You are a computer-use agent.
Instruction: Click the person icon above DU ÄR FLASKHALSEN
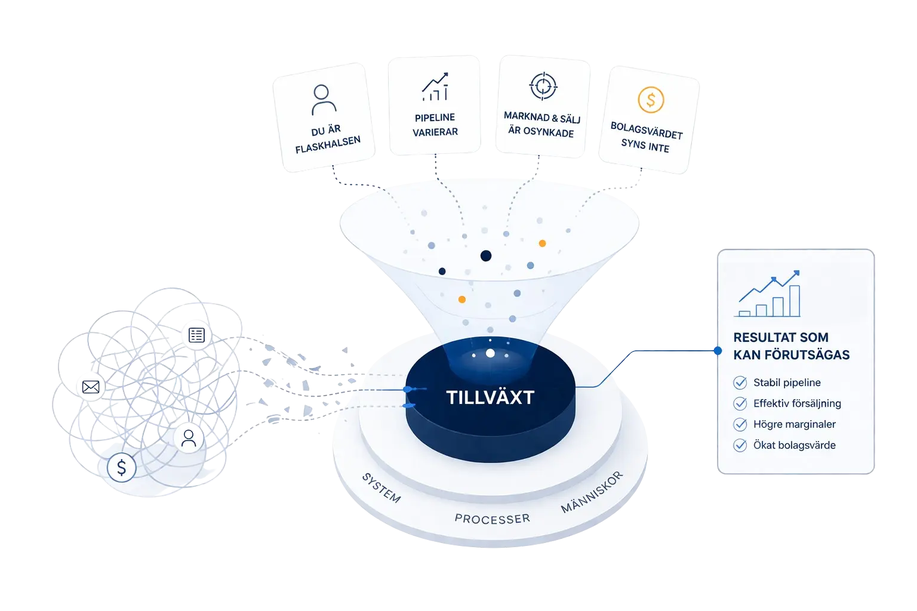(x=324, y=100)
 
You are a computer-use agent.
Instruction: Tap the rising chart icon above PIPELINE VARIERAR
(x=435, y=87)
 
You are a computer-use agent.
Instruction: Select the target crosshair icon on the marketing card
(x=543, y=86)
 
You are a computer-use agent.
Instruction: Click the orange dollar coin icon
(x=651, y=100)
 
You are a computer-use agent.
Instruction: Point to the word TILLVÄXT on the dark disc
(x=490, y=397)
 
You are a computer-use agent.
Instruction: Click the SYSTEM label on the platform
(x=381, y=488)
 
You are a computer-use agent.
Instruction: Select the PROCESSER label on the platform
(x=492, y=519)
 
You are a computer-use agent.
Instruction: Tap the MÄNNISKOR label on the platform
(x=592, y=492)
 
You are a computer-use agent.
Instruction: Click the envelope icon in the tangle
(x=91, y=387)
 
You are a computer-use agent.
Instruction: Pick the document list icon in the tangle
(x=196, y=335)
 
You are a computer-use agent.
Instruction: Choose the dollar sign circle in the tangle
(x=122, y=467)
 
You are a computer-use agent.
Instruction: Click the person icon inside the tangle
(x=189, y=439)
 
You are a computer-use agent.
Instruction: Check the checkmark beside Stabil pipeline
(x=740, y=382)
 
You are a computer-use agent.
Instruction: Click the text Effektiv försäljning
(x=797, y=403)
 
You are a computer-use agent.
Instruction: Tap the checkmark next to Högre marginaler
(x=740, y=424)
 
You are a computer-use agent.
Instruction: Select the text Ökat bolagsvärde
(x=795, y=445)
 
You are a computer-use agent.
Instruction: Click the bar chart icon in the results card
(x=767, y=294)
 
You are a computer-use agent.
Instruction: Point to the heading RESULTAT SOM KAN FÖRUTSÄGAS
(x=791, y=346)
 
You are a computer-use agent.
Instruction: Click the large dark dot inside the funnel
(x=486, y=256)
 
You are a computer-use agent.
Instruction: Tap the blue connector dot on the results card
(x=718, y=351)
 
